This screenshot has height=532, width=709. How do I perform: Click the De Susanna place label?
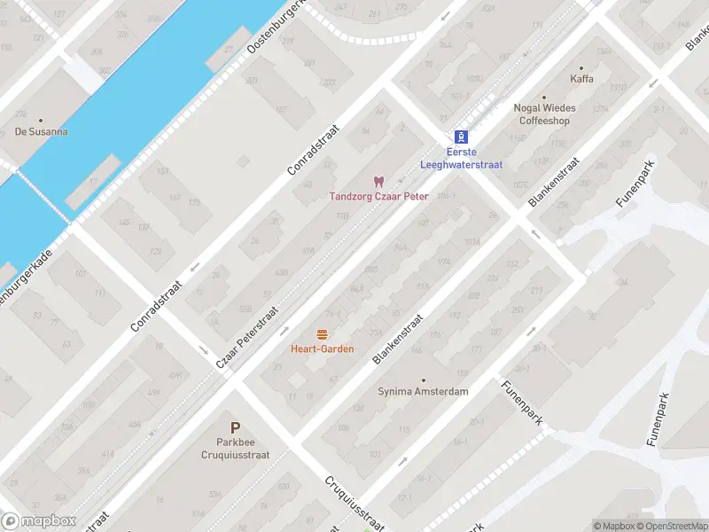pos(41,132)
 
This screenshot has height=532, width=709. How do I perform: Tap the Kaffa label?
pos(582,79)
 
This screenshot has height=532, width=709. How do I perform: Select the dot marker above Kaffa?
pos(582,67)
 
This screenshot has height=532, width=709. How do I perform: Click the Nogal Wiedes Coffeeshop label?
pos(544,114)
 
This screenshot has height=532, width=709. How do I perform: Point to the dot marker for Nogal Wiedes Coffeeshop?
pos(544,98)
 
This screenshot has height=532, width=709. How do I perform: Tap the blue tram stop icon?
pos(461,137)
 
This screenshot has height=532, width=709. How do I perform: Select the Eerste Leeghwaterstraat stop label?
pos(461,158)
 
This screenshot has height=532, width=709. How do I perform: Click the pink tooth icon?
pos(379,181)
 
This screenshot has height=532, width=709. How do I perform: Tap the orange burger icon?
pos(323,334)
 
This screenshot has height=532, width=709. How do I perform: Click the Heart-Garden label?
pos(323,348)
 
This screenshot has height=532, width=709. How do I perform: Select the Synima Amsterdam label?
pos(423,391)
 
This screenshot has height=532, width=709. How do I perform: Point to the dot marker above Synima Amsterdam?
pos(423,379)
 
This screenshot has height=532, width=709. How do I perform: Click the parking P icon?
pos(235,427)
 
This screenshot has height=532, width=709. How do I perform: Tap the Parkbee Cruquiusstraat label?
pos(235,448)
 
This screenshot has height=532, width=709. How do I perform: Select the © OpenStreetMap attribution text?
pos(671,526)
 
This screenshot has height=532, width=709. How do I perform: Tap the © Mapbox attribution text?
pos(613,526)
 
